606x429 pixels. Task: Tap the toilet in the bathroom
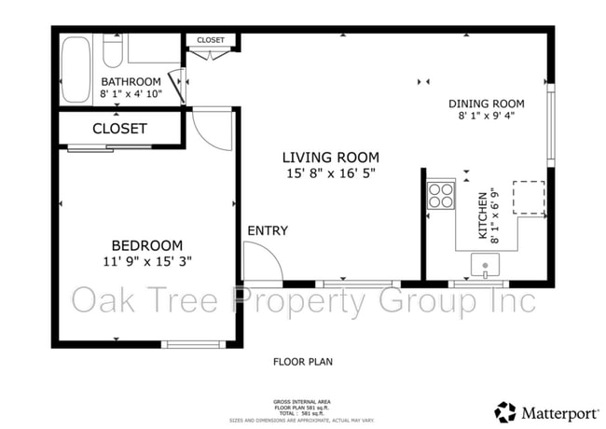click(x=113, y=51)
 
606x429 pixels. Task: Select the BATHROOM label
click(x=132, y=80)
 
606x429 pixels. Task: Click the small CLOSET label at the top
click(x=212, y=40)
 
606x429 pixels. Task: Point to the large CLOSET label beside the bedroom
click(x=119, y=128)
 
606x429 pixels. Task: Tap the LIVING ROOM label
click(x=332, y=158)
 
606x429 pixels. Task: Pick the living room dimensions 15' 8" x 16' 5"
click(x=332, y=173)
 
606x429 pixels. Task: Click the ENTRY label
click(x=268, y=230)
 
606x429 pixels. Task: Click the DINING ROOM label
click(x=486, y=104)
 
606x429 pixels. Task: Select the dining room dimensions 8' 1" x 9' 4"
click(x=486, y=117)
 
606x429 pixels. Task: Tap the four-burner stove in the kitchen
click(x=440, y=195)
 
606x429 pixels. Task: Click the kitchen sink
click(x=486, y=267)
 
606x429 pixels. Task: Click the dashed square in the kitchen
click(x=530, y=197)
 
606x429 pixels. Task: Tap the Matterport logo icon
click(x=506, y=411)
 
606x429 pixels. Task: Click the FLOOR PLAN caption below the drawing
click(x=302, y=361)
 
